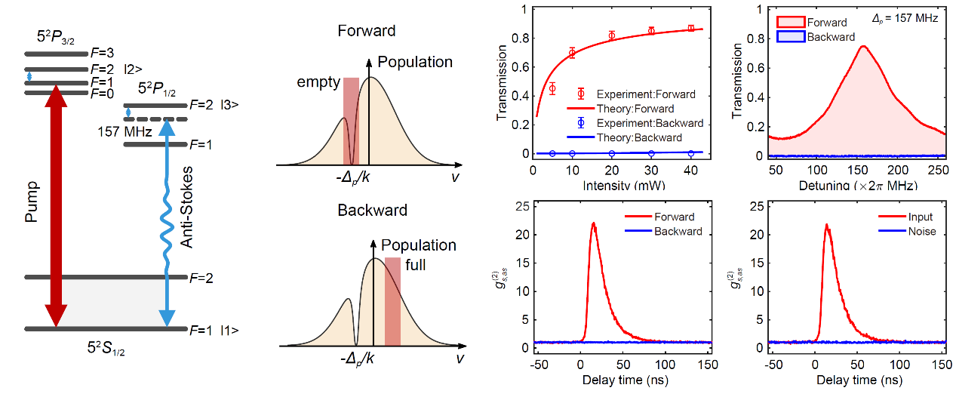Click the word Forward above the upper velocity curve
(366, 32)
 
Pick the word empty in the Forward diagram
(318, 82)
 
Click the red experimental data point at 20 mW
(612, 35)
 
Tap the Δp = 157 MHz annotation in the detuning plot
(905, 17)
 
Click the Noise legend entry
(921, 231)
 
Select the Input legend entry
(921, 217)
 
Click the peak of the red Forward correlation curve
(594, 223)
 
